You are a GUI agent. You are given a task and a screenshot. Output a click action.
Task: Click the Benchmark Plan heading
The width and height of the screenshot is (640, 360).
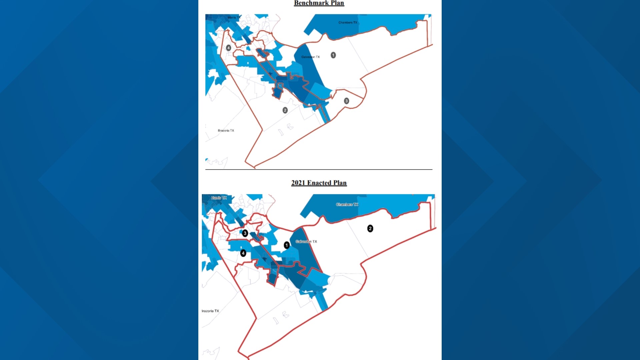[x=319, y=3]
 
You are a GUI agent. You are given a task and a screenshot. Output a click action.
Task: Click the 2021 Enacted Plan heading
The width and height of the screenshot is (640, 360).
[x=319, y=183]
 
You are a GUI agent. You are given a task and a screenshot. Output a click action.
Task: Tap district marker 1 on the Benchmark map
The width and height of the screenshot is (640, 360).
[x=333, y=55]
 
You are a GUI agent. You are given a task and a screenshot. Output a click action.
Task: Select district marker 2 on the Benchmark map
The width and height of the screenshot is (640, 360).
[x=285, y=110]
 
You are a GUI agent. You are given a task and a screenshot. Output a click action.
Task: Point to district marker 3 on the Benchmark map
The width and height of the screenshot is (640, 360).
[x=346, y=101]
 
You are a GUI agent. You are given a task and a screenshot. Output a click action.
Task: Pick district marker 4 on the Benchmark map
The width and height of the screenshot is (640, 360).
[x=228, y=48]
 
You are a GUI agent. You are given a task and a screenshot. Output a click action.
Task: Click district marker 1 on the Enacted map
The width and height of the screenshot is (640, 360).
[x=287, y=245]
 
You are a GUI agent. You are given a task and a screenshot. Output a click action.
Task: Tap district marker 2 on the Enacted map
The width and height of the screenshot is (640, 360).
[x=370, y=229]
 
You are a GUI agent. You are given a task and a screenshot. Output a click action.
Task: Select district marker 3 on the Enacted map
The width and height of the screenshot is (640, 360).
[x=245, y=233]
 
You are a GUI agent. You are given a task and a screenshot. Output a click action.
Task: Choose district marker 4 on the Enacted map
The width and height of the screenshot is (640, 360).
[x=243, y=253]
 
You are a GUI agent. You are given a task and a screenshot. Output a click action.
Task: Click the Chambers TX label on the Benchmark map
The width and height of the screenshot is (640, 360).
[x=348, y=23]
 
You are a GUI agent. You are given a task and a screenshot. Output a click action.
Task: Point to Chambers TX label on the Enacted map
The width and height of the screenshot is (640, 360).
[x=347, y=205]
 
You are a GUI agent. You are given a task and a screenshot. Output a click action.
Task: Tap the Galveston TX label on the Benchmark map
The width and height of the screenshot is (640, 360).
[x=310, y=57]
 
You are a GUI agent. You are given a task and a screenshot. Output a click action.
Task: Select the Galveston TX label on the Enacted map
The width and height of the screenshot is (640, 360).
[x=306, y=242]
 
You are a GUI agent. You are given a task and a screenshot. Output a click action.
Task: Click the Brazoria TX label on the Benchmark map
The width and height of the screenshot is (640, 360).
[x=226, y=131]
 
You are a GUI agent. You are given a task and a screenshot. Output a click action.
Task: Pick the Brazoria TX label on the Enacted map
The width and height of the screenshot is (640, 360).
[x=210, y=311]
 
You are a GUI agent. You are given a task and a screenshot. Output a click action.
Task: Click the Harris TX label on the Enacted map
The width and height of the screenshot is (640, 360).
[x=219, y=198]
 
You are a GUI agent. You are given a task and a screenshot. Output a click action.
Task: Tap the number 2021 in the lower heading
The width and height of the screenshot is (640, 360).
[x=298, y=183]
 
